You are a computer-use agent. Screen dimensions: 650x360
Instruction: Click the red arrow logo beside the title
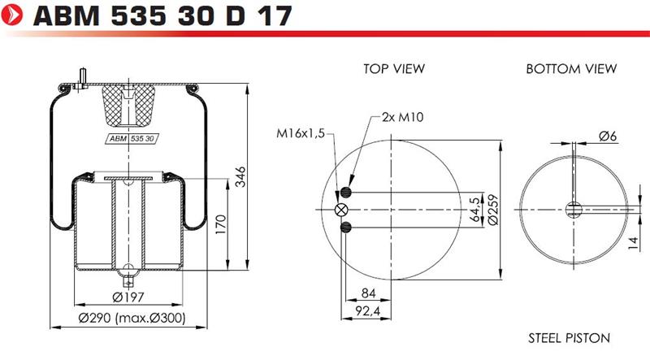click(x=11, y=15)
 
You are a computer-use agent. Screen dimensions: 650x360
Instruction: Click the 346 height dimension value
click(x=240, y=177)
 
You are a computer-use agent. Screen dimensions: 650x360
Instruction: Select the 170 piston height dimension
click(x=221, y=224)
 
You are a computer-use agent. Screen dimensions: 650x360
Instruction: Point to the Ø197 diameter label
click(x=128, y=297)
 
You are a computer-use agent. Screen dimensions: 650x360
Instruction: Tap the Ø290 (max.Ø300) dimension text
click(x=132, y=318)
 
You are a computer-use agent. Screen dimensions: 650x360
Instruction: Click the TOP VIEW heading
click(x=394, y=69)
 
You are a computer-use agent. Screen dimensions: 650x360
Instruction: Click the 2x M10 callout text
click(x=402, y=117)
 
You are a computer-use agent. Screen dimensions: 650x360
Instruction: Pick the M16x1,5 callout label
click(x=301, y=133)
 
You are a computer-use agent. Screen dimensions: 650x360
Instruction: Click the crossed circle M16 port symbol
click(x=341, y=210)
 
